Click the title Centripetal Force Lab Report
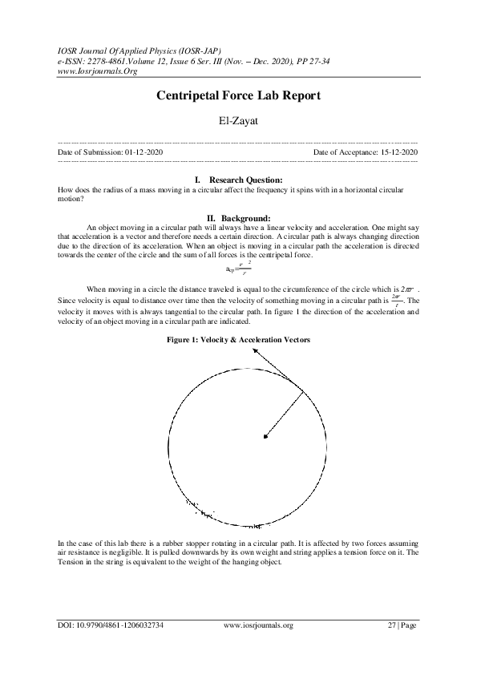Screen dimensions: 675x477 [x=238, y=95]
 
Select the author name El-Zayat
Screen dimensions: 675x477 [x=238, y=122]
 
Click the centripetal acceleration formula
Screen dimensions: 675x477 [x=238, y=269]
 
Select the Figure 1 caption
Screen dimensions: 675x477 [x=238, y=340]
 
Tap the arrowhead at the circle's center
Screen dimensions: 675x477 [x=266, y=435]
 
